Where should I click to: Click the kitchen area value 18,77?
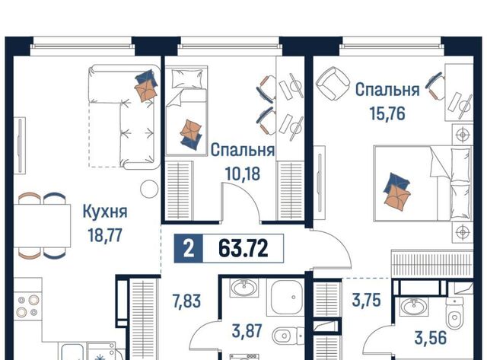click(x=105, y=235)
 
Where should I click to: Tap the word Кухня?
click(x=105, y=212)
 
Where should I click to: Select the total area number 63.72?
click(x=243, y=249)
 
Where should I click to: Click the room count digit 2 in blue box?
click(x=189, y=249)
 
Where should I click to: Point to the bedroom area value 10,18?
click(x=243, y=174)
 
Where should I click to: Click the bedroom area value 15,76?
click(x=387, y=113)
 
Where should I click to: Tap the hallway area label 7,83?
click(x=186, y=301)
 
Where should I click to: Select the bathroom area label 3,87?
click(x=247, y=331)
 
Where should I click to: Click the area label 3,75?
click(x=367, y=301)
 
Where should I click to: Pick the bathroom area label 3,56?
click(x=431, y=338)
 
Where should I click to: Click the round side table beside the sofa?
click(x=149, y=189)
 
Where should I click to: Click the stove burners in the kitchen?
click(x=27, y=306)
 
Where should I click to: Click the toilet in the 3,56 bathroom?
click(x=454, y=313)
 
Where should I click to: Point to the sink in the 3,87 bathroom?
click(x=244, y=288)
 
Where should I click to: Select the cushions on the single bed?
click(x=191, y=133)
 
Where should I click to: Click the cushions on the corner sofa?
click(x=145, y=85)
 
